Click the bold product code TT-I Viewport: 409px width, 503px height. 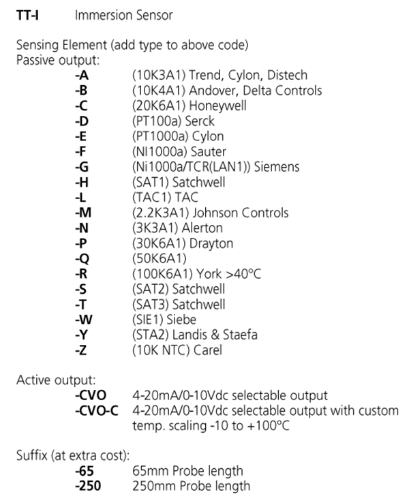27,15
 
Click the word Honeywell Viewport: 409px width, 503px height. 218,106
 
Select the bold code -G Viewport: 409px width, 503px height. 82,167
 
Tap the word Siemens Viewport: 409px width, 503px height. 277,167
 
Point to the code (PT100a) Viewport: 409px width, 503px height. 157,121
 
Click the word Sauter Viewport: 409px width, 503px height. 209,151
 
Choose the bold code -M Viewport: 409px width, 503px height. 83,213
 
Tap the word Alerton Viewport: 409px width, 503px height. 202,228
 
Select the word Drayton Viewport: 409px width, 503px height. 211,243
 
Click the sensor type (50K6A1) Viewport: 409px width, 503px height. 160,258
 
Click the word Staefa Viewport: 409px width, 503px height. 240,335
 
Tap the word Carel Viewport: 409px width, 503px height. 208,350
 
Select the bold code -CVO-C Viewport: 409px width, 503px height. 97,410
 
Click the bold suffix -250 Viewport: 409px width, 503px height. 88,486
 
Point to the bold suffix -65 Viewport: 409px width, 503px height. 85,471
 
